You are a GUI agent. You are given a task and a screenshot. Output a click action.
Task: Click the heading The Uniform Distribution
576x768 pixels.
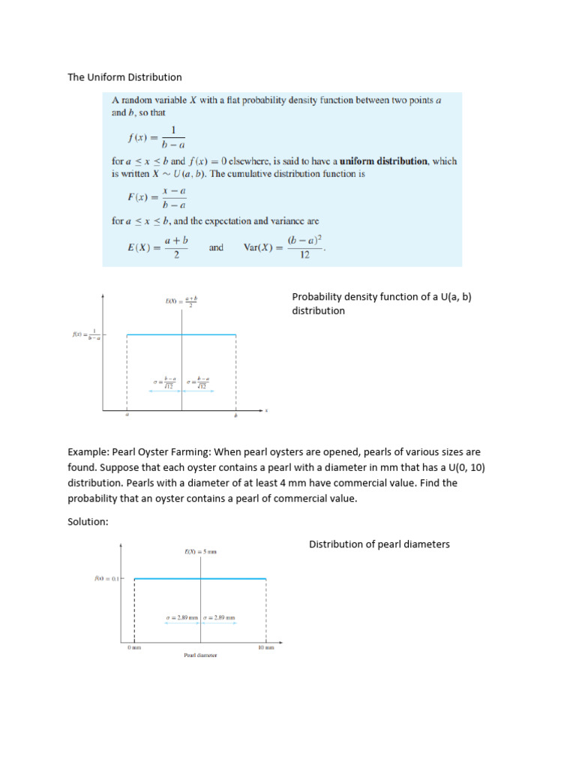(124, 77)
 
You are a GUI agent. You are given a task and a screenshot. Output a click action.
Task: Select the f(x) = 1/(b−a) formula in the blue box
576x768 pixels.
(157, 138)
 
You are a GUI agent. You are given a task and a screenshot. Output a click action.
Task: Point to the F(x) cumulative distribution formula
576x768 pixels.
(157, 199)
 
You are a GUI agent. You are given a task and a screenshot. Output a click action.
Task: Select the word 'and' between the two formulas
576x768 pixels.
(216, 247)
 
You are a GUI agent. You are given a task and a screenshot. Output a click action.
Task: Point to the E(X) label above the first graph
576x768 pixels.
(181, 301)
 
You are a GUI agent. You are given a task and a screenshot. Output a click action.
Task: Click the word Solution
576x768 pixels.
(88, 523)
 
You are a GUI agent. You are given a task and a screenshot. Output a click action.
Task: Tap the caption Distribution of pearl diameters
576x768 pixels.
(379, 544)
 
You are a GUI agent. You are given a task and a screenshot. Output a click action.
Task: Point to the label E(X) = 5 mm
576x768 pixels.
(200, 553)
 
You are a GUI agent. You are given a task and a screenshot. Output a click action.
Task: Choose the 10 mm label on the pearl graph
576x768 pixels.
(266, 647)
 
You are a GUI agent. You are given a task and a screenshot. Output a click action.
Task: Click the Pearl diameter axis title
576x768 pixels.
(200, 655)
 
